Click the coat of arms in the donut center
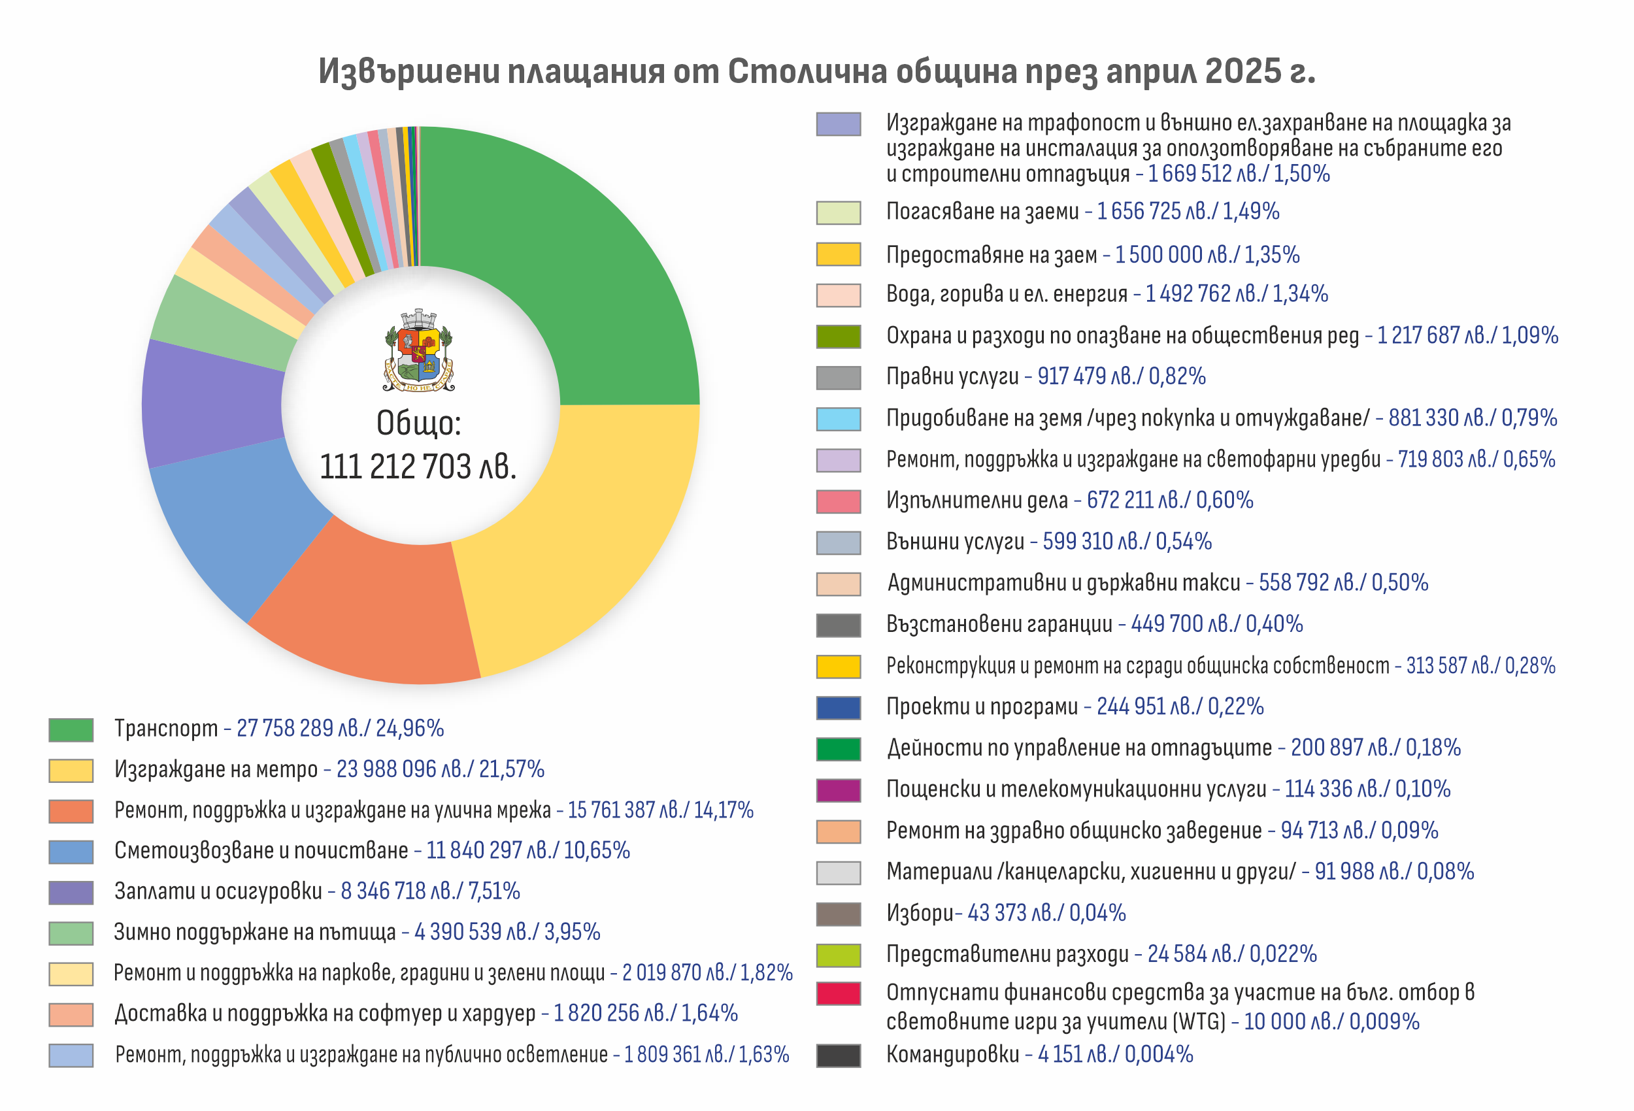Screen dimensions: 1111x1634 [419, 350]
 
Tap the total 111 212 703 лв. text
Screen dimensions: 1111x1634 [418, 466]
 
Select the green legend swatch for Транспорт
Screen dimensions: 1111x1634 [71, 729]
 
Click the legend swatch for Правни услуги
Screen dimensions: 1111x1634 [838, 378]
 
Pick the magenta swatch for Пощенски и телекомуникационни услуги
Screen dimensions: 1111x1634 [838, 789]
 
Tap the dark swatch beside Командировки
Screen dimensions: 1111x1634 [838, 1055]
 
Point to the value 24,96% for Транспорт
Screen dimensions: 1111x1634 [409, 729]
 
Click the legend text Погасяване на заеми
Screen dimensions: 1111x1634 [982, 212]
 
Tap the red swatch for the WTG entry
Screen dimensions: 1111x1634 [838, 993]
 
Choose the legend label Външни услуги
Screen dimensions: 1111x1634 [955, 541]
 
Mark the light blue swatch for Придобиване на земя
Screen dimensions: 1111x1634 [838, 419]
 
